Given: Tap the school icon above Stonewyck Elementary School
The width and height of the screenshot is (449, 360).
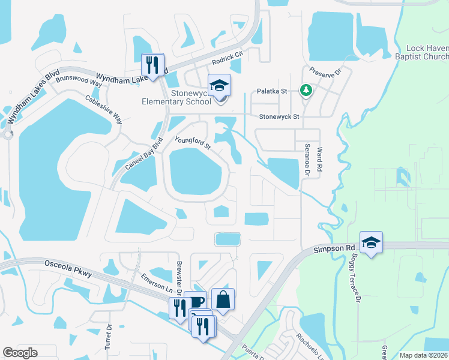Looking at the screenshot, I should tap(219, 85).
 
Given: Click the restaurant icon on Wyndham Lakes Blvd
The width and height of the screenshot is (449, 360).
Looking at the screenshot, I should tap(152, 64).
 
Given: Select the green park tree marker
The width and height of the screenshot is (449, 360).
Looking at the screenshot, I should tap(306, 90).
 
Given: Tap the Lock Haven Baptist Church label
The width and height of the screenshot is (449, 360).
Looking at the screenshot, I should tap(426, 52).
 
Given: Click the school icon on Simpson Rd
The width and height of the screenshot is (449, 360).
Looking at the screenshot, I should tap(371, 242).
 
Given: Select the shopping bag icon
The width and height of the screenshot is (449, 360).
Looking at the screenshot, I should tap(223, 299).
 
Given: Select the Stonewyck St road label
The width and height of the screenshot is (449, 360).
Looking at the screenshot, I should tap(279, 116).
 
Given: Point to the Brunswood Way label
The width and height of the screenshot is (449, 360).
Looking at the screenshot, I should tap(79, 79).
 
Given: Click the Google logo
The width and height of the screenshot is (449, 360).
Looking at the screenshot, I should tap(20, 353).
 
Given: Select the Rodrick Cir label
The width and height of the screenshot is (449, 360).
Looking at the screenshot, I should tap(228, 58).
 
